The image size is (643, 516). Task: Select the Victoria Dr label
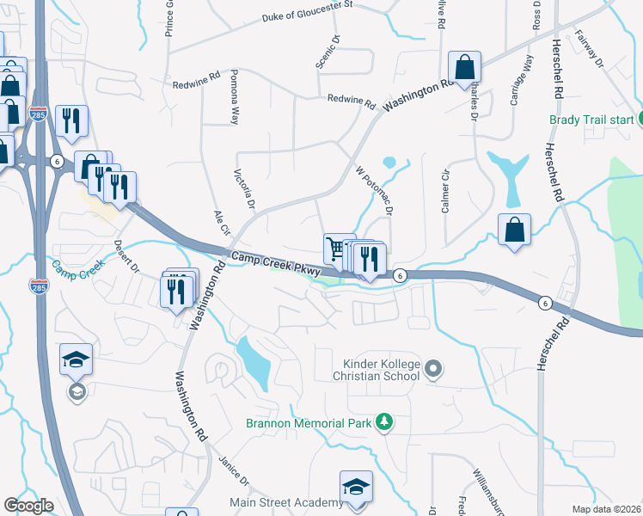pos(245,190)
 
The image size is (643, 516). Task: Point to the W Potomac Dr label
pos(375,192)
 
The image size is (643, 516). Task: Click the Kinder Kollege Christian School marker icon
pos(433,370)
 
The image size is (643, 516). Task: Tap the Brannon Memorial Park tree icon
pos(386,422)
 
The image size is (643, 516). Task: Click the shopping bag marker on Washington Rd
pos(464,66)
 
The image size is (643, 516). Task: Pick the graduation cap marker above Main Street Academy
pos(355,486)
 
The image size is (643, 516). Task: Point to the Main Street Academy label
pos(286,502)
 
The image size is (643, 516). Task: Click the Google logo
pos(28,506)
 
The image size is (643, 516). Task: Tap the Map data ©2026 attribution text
pos(607,509)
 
